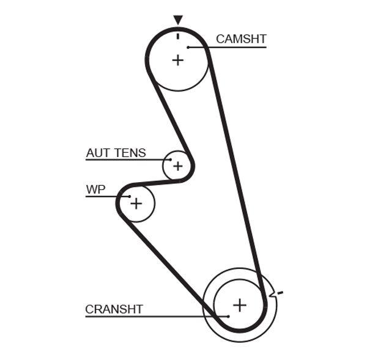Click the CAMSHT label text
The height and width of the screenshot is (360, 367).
click(x=241, y=39)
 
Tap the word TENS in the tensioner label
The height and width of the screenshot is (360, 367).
click(x=131, y=153)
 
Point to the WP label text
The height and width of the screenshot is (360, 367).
click(x=95, y=189)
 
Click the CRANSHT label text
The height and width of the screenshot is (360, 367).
click(x=114, y=309)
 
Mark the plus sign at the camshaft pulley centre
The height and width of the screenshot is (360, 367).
click(x=177, y=60)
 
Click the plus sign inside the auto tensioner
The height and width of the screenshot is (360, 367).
click(x=177, y=166)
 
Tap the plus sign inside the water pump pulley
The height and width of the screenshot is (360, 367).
click(x=136, y=202)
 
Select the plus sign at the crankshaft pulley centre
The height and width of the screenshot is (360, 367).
click(x=240, y=304)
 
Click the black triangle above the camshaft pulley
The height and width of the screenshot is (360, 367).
click(x=178, y=20)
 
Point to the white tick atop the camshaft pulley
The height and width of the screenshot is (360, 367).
click(x=178, y=35)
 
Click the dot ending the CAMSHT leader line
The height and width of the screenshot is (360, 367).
click(x=190, y=46)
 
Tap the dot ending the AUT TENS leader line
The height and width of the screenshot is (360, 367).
click(x=171, y=160)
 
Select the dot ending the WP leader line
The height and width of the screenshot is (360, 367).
click(x=130, y=197)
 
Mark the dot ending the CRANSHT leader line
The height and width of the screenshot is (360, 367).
click(x=227, y=316)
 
